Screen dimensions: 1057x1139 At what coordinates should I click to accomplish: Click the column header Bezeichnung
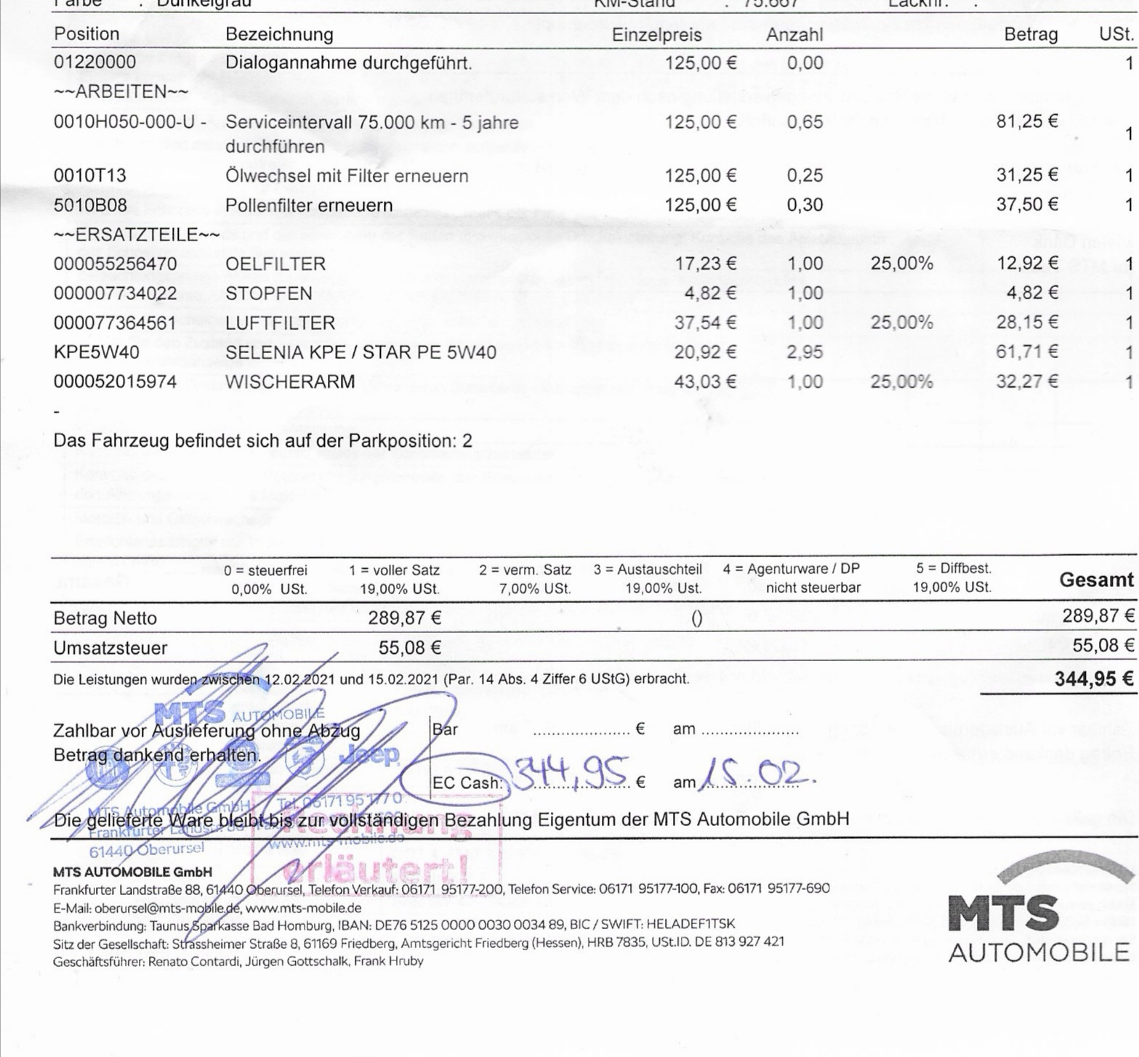pos(279,34)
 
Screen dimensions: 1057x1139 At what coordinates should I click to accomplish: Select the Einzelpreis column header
pos(656,35)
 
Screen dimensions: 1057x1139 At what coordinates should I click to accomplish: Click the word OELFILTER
pos(275,264)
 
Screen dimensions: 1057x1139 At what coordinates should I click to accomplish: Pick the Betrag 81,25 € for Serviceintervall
pos(1026,121)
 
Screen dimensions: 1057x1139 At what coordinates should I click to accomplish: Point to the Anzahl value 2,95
pos(805,352)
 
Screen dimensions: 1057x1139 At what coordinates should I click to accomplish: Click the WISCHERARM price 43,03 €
pos(705,382)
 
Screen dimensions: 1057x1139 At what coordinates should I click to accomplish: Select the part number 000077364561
pos(115,323)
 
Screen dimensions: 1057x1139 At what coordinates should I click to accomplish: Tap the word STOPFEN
pos(269,294)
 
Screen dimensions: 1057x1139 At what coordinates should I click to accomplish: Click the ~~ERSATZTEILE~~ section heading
pos(137,235)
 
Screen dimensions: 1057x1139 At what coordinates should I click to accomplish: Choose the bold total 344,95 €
pos(1093,679)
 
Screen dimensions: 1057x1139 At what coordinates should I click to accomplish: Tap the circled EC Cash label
pos(467,783)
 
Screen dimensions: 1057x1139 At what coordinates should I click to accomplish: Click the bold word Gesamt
pos(1096,580)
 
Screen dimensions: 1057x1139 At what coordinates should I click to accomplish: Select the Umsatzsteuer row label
pos(110,648)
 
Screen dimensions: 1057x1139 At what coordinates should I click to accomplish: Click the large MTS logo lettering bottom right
pos(1004,912)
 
